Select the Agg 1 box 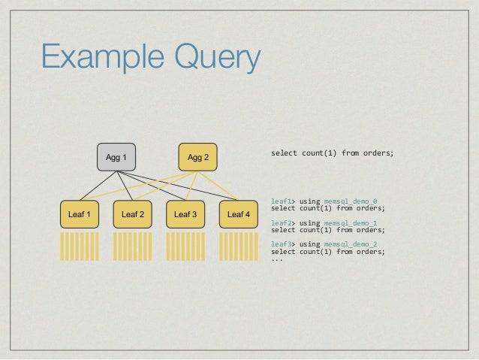point(116,157)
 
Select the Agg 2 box point(197,157)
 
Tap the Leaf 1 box point(79,215)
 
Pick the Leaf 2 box point(132,215)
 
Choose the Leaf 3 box point(185,215)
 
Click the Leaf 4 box point(238,215)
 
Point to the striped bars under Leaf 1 point(79,247)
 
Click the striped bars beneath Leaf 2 point(132,247)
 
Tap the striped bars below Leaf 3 point(185,247)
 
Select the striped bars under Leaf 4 point(238,247)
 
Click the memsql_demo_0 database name point(351,201)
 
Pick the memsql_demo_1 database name point(351,223)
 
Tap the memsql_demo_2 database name point(351,245)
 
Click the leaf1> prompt point(283,201)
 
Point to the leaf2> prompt point(283,223)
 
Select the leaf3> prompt point(283,245)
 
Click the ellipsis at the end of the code point(276,260)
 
